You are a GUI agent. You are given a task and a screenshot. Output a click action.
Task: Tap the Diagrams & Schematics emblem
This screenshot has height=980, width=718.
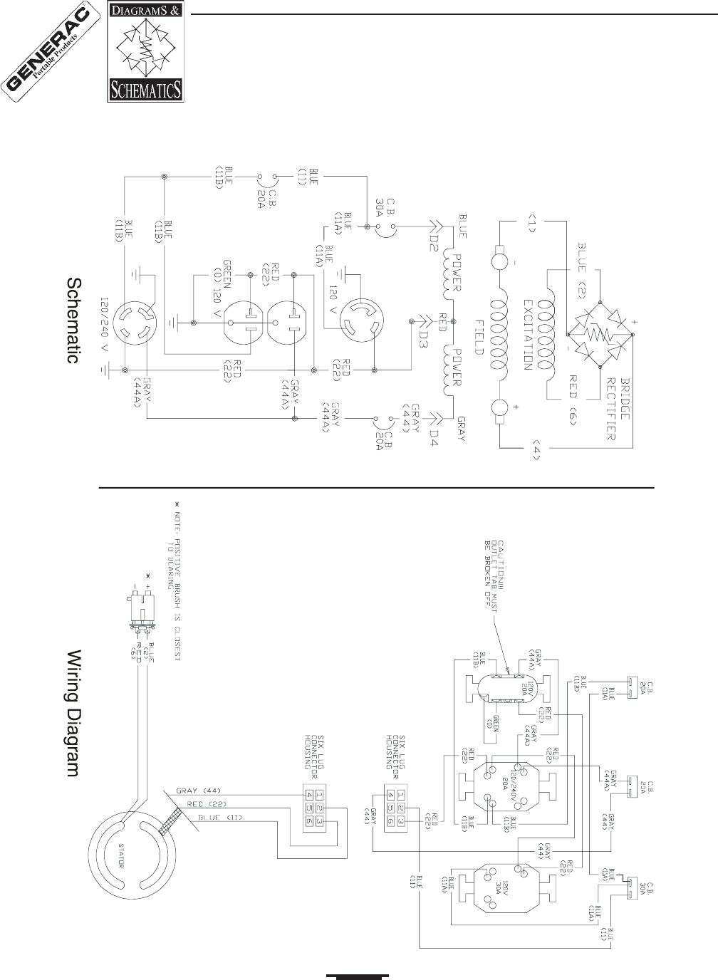coord(145,53)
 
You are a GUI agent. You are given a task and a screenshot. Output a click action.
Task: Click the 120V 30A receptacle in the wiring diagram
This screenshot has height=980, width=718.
coord(501,887)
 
